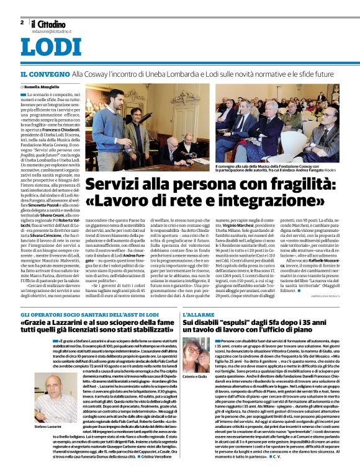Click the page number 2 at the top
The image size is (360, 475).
pos(22,22)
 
